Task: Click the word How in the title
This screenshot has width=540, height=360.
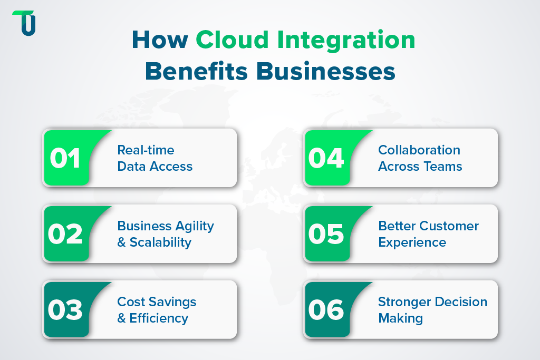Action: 159,41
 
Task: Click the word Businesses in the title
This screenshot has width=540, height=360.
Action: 326,71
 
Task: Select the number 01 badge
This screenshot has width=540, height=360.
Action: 65,158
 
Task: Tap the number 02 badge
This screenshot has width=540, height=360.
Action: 65,234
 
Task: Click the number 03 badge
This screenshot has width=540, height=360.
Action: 65,310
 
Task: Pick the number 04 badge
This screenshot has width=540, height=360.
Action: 326,158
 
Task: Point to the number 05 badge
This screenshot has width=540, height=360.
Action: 326,234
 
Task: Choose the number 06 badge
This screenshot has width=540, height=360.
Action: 326,310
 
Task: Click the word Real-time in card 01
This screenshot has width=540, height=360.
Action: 146,150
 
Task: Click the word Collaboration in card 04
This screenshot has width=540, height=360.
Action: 419,150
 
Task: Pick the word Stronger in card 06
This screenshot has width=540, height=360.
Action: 403,302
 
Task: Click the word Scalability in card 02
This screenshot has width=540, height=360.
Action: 160,242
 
